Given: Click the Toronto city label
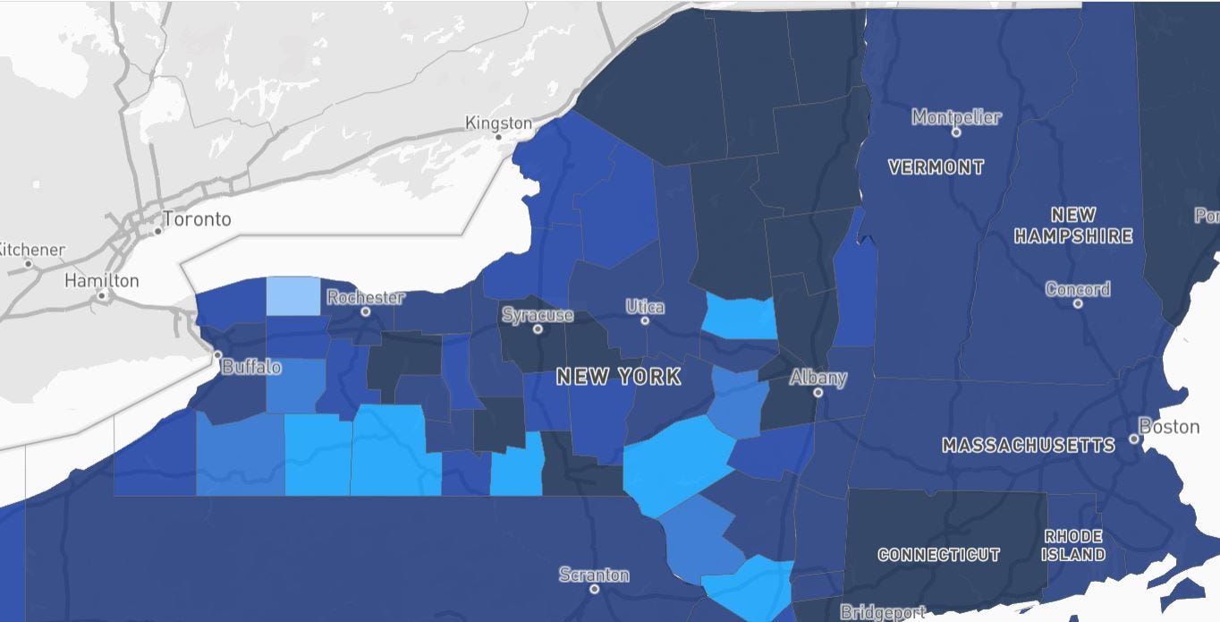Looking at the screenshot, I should [x=197, y=219].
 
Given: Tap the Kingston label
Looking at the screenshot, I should [x=498, y=124].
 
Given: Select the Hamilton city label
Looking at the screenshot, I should [x=102, y=281].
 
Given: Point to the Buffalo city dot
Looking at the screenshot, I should [x=216, y=355].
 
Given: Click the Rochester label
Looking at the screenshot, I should [x=365, y=297].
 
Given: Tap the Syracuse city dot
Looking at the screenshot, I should [x=538, y=328].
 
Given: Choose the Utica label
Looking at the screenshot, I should [x=645, y=307].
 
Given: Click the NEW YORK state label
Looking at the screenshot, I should [x=618, y=377].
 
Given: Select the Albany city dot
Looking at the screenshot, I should [x=818, y=392].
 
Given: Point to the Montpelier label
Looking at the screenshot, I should [x=956, y=117].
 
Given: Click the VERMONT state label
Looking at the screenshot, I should [x=936, y=167].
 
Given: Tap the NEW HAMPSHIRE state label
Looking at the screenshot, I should [x=1073, y=226].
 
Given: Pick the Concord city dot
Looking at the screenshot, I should [x=1078, y=303].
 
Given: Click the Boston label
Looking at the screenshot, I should [x=1169, y=427].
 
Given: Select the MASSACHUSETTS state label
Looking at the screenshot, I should [x=1029, y=446].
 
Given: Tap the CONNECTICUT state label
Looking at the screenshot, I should [x=938, y=555].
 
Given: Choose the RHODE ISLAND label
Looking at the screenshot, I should [x=1073, y=545].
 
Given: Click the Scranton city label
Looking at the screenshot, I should [x=594, y=575].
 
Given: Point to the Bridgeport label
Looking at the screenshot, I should [x=883, y=612].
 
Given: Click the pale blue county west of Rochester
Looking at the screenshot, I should [x=292, y=296].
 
